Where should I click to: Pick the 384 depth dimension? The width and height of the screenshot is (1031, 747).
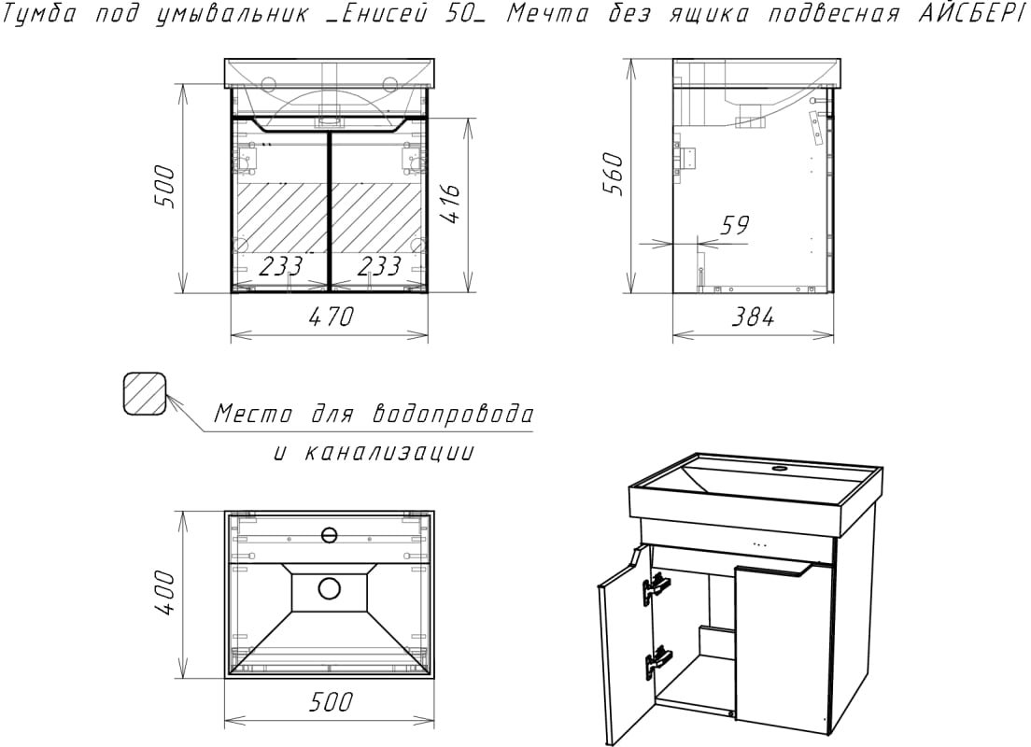point(754,317)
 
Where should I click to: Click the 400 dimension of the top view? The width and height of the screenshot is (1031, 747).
point(164,591)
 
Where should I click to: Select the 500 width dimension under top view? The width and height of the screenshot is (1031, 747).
point(331,703)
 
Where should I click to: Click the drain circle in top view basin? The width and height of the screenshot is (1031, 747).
point(329,588)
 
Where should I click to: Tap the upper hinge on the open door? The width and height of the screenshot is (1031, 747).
point(656,588)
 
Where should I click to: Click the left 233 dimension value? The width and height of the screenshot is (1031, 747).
point(279,267)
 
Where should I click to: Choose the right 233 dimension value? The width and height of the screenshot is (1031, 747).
point(378,267)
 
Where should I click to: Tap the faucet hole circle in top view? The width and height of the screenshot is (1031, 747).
point(329,535)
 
